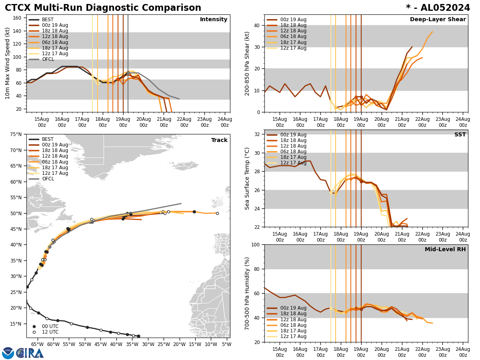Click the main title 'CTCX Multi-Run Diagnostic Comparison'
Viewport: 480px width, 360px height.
pos(103,8)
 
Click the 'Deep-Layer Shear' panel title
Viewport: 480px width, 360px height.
pos(438,20)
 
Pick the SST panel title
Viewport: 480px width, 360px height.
pos(460,135)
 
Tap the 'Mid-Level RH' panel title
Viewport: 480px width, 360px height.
pos(445,250)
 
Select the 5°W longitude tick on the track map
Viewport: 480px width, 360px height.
pos(226,344)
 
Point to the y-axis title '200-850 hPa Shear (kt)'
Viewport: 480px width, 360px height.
pos(248,63)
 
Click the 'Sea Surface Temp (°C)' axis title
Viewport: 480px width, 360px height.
pos(248,178)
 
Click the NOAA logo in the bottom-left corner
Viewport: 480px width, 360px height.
pos(8,353)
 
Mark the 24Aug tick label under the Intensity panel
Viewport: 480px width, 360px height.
pos(225,122)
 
